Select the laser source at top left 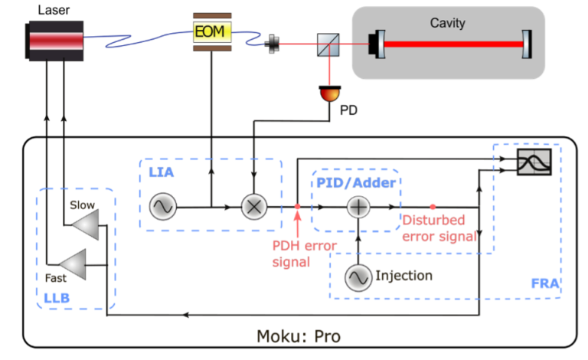(x=56, y=40)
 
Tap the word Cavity (x=448, y=23)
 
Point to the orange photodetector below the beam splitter (x=329, y=93)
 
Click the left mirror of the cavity (x=376, y=44)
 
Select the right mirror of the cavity (x=526, y=44)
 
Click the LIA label (x=162, y=173)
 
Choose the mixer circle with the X (x=253, y=207)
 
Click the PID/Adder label (x=356, y=182)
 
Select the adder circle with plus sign (x=358, y=207)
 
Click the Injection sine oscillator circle (x=358, y=277)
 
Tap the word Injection (x=403, y=276)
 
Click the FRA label (x=545, y=283)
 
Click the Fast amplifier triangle (x=74, y=263)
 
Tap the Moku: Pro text (x=299, y=336)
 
